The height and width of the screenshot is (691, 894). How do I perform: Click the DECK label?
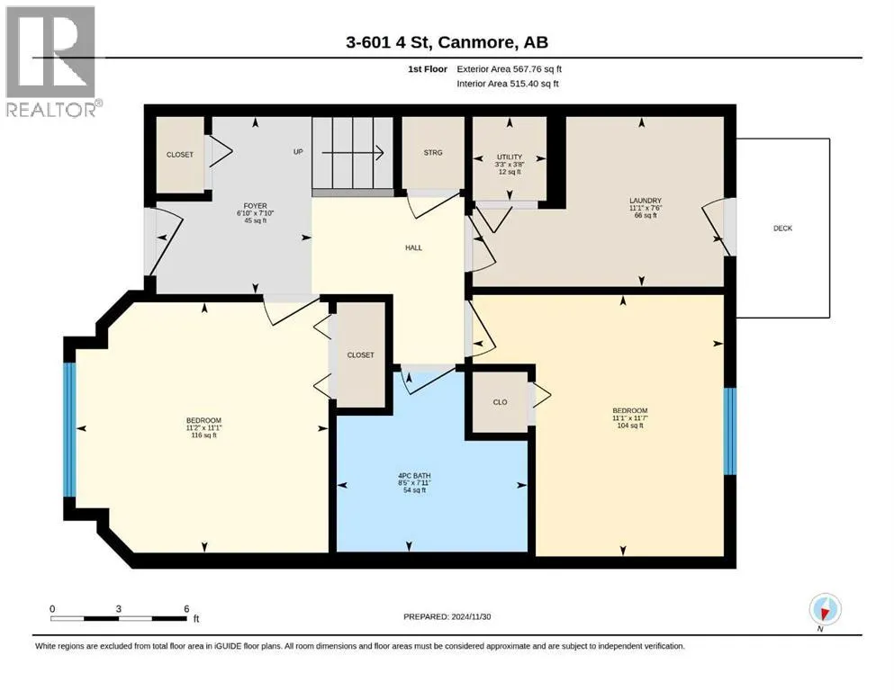click(783, 229)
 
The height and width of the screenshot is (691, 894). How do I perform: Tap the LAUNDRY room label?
click(646, 201)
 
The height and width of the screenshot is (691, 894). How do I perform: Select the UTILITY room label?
click(510, 157)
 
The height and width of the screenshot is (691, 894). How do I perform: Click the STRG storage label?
click(433, 153)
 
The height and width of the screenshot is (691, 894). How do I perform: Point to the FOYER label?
click(255, 206)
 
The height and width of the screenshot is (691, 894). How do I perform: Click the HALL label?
click(413, 247)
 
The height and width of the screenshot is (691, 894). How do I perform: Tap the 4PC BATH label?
click(414, 476)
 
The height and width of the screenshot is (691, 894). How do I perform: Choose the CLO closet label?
click(500, 402)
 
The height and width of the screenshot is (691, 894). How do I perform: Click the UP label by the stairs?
click(298, 151)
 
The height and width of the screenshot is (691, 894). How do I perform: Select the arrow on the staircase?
click(352, 153)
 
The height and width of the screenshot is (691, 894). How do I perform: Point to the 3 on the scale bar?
click(119, 608)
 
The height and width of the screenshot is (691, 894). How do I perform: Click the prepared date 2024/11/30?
click(471, 616)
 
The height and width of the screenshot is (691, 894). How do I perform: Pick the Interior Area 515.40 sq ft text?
click(508, 84)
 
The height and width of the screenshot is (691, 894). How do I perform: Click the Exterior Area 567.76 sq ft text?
click(510, 69)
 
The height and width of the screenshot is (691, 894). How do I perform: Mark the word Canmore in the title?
click(476, 42)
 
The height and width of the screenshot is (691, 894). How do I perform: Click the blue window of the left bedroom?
click(69, 429)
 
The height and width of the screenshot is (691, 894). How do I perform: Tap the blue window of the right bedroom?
click(730, 431)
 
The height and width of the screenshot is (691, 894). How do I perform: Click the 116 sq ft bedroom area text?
click(203, 435)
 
